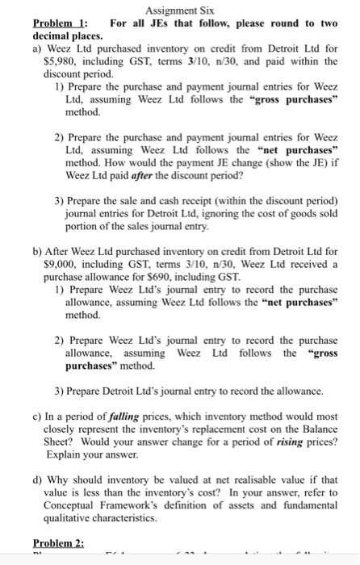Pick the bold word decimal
[x=52, y=37]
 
